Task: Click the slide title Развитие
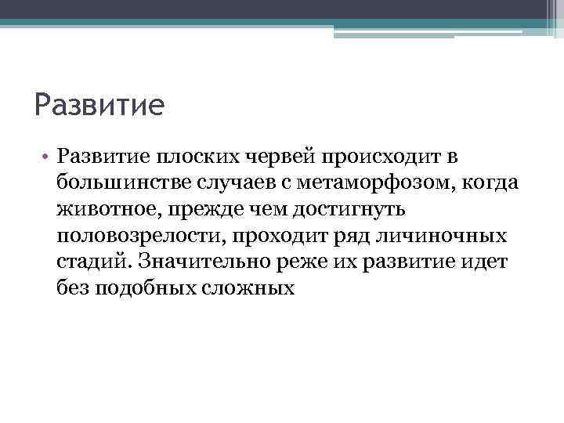point(99,105)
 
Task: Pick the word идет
point(486,262)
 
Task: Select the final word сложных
point(251,288)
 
